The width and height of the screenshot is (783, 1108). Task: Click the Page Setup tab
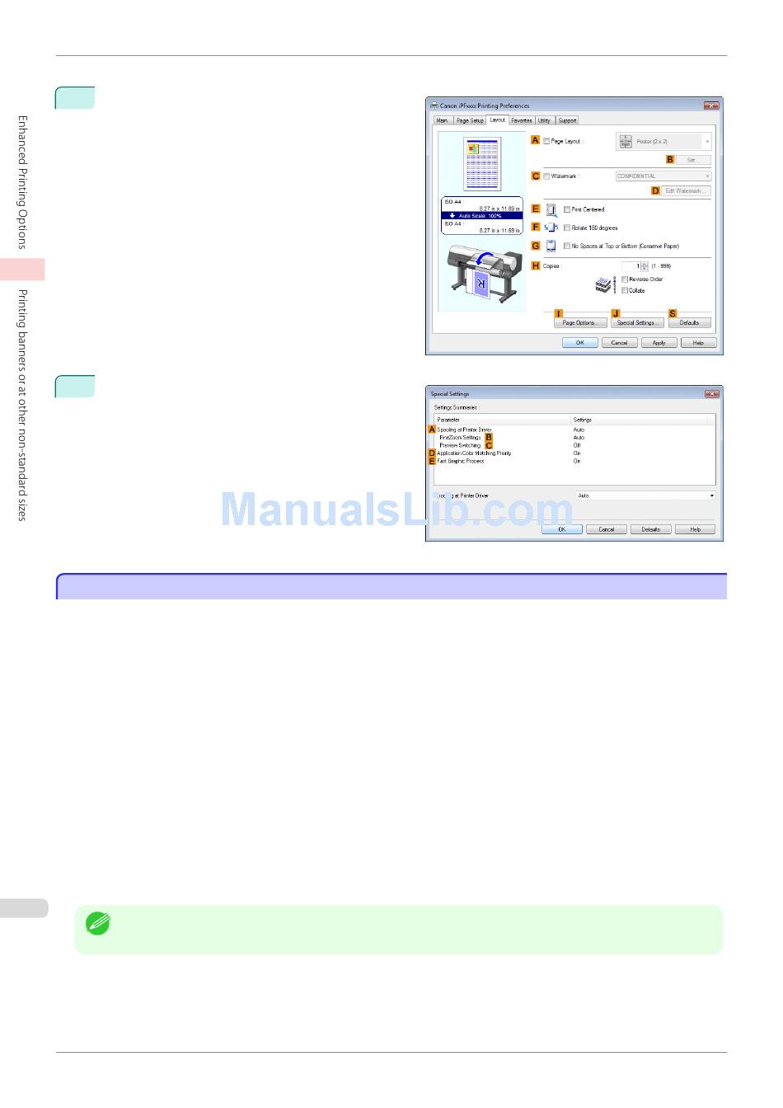coord(470,120)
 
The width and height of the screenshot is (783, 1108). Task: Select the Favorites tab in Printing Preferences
coord(521,120)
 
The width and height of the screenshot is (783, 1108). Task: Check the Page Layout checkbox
coord(546,141)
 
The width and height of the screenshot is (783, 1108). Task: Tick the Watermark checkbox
coord(546,176)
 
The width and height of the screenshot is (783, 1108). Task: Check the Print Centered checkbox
coord(567,209)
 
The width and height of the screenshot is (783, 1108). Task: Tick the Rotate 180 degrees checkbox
coord(567,228)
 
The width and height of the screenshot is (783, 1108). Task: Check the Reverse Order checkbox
coord(625,279)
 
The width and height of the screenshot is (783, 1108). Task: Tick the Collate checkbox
coord(625,290)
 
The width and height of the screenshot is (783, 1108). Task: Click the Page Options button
coord(579,322)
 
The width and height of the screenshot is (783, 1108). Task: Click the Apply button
coord(659,342)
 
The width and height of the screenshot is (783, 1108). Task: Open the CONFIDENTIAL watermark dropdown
coord(663,176)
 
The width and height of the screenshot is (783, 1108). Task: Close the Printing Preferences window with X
coord(711,106)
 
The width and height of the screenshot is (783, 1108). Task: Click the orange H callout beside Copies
coord(536,265)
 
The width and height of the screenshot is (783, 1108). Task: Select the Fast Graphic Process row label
coord(461,461)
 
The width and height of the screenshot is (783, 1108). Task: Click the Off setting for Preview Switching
coord(577,445)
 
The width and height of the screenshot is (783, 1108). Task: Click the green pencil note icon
coord(98,923)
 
